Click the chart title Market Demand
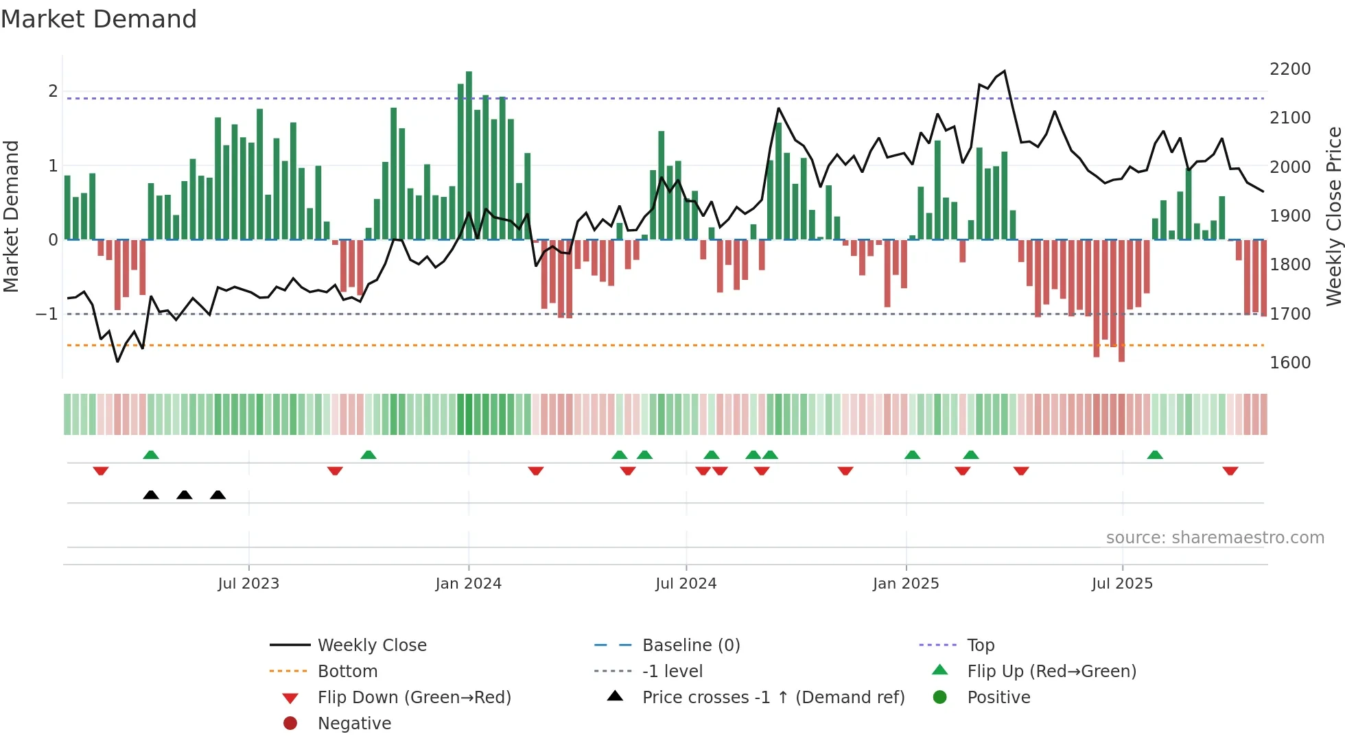coord(99,19)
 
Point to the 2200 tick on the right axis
coord(1289,69)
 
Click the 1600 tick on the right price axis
coord(1289,363)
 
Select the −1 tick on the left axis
coord(47,314)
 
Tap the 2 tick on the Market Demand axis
coord(53,91)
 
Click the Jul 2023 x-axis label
coord(248,584)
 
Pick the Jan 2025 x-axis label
coord(906,584)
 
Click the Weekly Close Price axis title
coord(1333,216)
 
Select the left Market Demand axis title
coord(11,216)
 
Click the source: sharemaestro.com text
coord(1215,538)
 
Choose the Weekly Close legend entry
coord(371,646)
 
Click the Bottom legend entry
coord(347,672)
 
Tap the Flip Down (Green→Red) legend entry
coord(414,698)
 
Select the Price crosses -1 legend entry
coord(773,698)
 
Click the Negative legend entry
coord(354,724)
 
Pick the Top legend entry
coord(981,646)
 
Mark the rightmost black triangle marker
coord(218,495)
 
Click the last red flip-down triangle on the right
coord(1230,471)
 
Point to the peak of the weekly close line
coord(1005,71)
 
